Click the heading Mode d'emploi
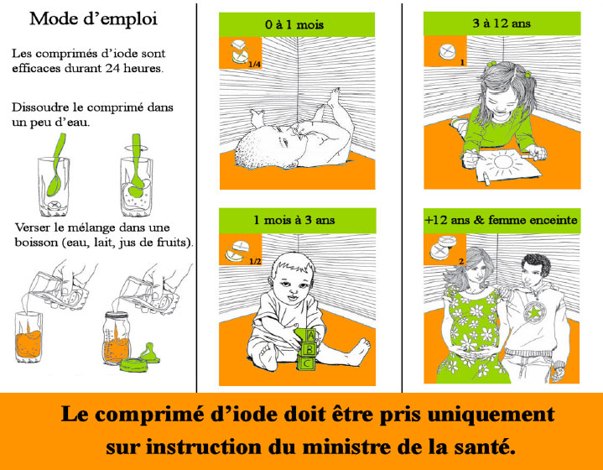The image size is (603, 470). pos(93,19)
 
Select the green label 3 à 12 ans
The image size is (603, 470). pos(502,23)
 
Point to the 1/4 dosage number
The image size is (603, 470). pos(255,65)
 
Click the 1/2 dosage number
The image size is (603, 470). pos(255,261)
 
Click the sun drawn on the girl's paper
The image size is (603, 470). pos(504,163)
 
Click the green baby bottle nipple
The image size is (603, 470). pos(149,352)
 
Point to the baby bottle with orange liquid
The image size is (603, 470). pos(116,338)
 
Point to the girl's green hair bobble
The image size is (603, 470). pos(491,64)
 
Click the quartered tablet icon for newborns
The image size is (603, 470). pos(240,51)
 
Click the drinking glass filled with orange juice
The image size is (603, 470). pos(29,337)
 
